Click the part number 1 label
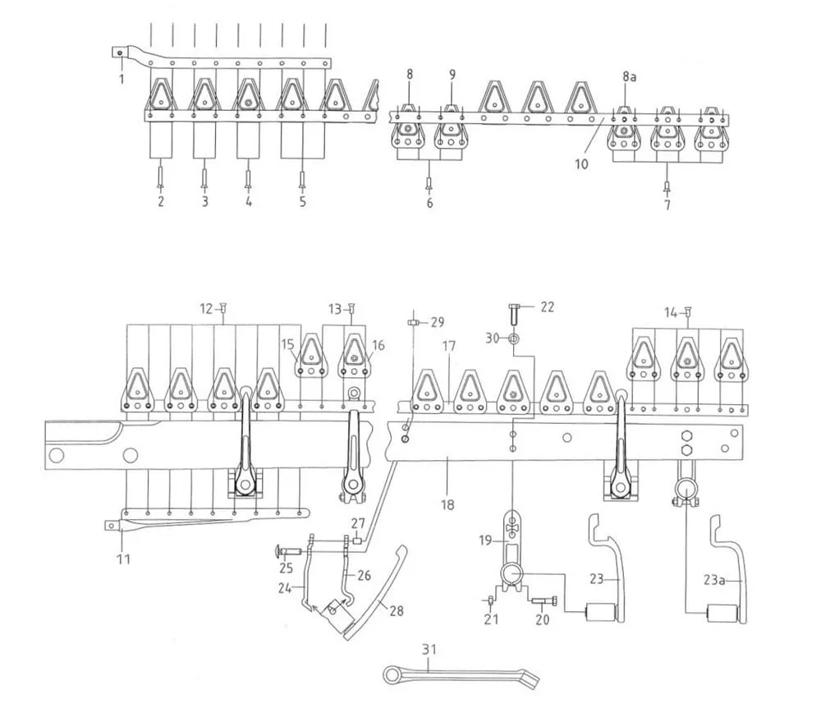point(122,80)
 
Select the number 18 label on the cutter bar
point(447,504)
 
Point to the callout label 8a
point(629,75)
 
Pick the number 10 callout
point(581,164)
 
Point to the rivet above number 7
point(667,185)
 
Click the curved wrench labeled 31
point(460,674)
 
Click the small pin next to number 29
point(414,322)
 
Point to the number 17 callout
point(448,347)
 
